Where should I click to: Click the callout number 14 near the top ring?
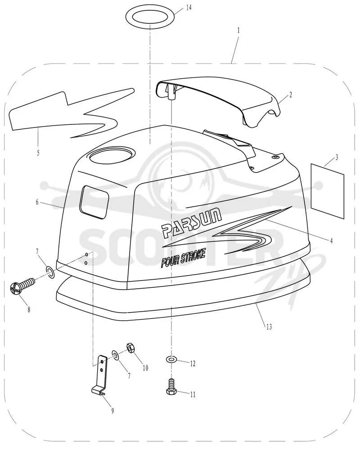[x=189, y=8]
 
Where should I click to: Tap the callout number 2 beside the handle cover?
[x=290, y=94]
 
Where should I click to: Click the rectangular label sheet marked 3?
[x=328, y=191]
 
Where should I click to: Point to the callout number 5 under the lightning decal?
[x=38, y=153]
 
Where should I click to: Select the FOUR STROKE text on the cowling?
[x=183, y=259]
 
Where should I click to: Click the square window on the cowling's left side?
[x=94, y=202]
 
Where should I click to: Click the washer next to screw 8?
[x=49, y=272]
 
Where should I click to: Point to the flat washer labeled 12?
[x=171, y=359]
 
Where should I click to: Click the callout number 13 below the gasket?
[x=269, y=326]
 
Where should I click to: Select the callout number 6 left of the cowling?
[x=37, y=202]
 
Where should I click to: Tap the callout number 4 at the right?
[x=331, y=241]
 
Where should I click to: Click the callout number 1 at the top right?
[x=238, y=30]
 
